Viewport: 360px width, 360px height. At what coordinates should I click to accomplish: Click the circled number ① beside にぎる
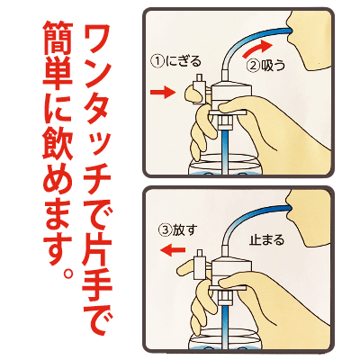click(x=157, y=61)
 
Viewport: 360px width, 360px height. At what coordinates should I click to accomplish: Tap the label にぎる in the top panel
click(x=183, y=61)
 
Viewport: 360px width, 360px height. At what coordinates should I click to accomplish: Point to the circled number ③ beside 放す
click(x=165, y=230)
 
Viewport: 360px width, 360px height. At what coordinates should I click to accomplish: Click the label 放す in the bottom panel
click(x=184, y=230)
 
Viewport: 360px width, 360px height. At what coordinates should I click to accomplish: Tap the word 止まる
click(x=266, y=240)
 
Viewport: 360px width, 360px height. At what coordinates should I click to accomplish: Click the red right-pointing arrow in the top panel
click(x=162, y=92)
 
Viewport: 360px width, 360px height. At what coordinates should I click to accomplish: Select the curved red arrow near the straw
click(x=257, y=48)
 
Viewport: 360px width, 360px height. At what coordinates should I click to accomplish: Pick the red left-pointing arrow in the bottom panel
click(x=172, y=249)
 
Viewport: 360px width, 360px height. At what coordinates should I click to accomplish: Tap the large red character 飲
click(x=58, y=145)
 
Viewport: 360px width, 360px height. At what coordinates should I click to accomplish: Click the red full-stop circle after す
click(x=68, y=273)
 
